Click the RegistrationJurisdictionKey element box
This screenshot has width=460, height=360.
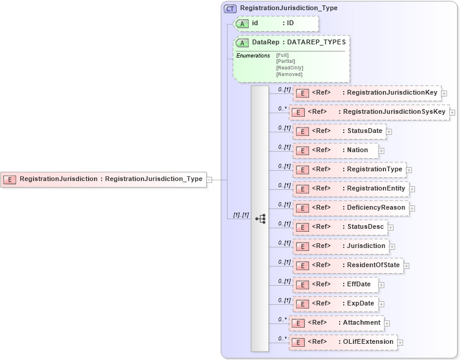(367, 93)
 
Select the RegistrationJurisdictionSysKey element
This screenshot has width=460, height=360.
(369, 112)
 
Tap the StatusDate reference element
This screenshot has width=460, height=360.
(339, 131)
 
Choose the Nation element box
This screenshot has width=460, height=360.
(335, 150)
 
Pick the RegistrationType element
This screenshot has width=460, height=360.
(349, 170)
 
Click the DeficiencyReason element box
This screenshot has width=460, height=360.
(350, 208)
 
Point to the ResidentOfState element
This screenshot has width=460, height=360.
(347, 265)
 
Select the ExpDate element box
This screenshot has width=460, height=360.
(335, 304)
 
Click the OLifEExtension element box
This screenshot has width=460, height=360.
(343, 342)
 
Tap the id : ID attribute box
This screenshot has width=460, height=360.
(276, 23)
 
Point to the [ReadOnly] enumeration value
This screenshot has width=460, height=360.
(289, 68)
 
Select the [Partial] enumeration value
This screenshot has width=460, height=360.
(286, 61)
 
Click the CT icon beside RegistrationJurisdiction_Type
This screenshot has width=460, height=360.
(230, 8)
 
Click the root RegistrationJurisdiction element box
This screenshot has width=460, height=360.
(102, 179)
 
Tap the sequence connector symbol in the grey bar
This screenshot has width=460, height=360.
(260, 219)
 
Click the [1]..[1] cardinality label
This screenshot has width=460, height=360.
(241, 215)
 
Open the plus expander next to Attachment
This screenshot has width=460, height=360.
(388, 323)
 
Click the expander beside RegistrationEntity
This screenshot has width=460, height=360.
(412, 189)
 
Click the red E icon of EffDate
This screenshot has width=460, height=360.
(303, 285)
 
